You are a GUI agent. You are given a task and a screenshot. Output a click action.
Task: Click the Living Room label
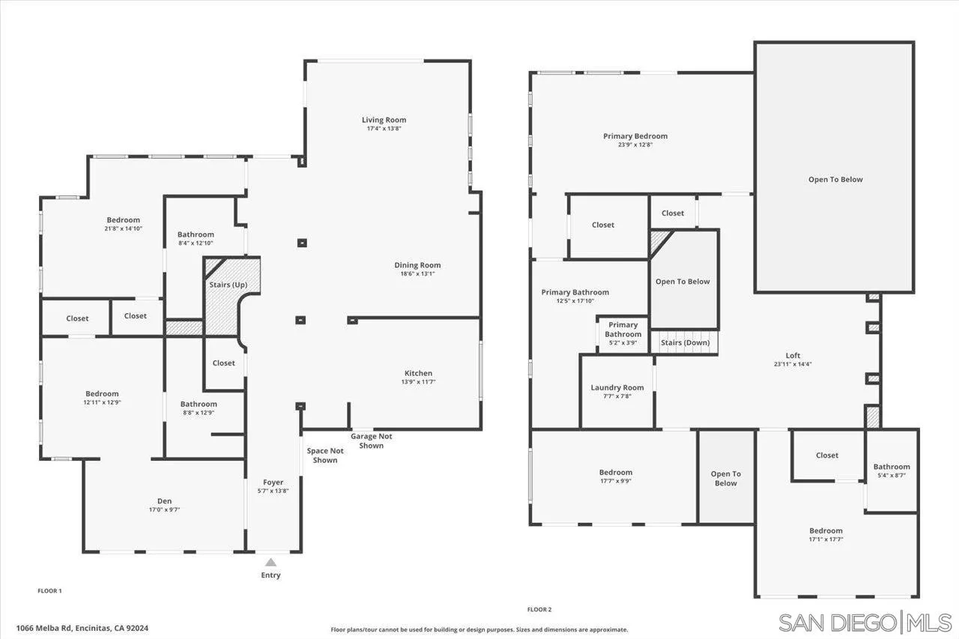point(384,120)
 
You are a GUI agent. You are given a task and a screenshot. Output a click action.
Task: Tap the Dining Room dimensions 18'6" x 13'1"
point(417,274)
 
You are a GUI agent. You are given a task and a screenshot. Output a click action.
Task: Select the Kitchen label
point(418,373)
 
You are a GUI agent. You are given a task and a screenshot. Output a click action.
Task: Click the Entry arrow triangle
point(270,562)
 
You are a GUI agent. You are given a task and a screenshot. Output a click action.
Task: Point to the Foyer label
point(273,482)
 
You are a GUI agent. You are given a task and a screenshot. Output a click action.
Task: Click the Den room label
point(164,501)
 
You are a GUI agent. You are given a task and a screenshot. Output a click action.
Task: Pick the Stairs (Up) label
point(228,285)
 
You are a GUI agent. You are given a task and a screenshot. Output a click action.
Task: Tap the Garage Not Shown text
point(371,441)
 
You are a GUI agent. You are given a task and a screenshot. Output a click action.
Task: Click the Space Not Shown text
point(325,455)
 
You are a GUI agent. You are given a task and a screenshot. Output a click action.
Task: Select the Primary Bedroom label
point(635,136)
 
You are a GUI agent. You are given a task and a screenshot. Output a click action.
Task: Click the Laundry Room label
point(617,387)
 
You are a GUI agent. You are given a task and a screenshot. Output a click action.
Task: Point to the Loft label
point(793,356)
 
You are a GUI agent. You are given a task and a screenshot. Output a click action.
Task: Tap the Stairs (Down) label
point(685,342)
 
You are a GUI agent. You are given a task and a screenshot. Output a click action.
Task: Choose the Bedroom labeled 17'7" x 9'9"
point(615,472)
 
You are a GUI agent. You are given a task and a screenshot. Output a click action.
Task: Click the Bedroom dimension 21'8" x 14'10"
point(123,228)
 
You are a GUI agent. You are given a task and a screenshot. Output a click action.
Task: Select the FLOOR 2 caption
point(539,610)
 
